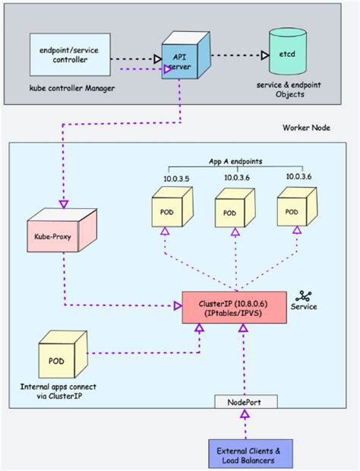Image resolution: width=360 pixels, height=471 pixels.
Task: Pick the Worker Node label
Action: [x=307, y=128]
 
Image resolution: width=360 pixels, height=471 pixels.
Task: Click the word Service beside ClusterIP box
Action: [x=304, y=307]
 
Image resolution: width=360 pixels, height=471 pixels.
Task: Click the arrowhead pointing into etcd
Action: [x=264, y=55]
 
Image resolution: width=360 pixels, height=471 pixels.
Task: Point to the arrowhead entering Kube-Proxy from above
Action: [x=63, y=204]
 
